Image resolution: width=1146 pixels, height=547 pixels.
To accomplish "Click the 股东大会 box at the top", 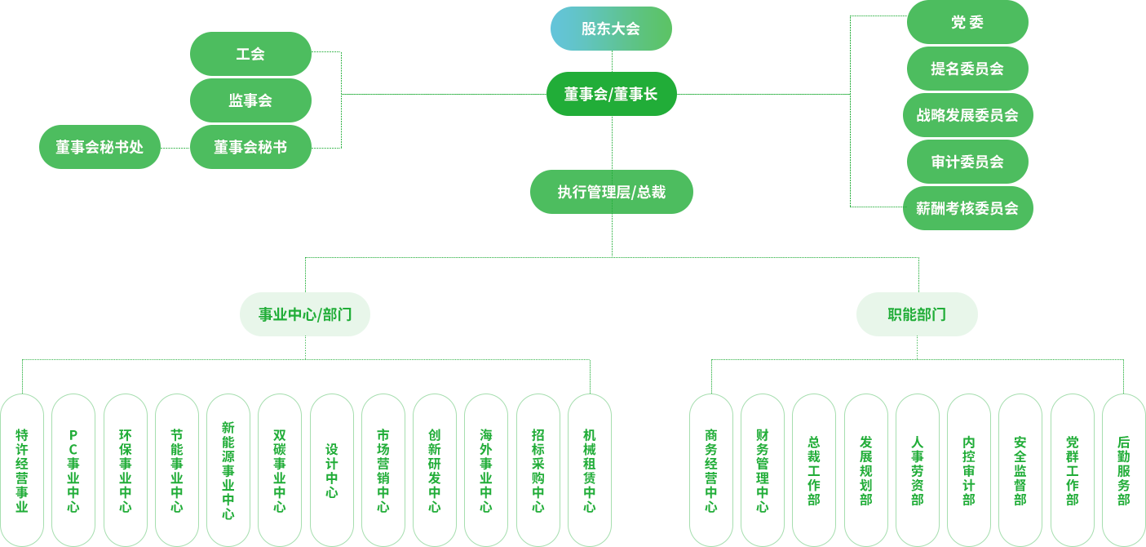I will (611, 29).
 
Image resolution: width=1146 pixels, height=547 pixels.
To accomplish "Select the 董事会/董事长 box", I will (611, 94).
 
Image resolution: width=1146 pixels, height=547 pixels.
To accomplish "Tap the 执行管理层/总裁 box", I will (611, 192).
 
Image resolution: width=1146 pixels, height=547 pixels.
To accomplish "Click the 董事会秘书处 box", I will (100, 147).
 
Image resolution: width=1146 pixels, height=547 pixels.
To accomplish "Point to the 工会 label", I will (250, 54).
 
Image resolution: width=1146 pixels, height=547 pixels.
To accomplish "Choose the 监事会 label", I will (250, 100).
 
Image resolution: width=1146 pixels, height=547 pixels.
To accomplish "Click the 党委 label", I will (967, 23).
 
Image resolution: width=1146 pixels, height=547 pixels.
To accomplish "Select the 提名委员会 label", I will (967, 69).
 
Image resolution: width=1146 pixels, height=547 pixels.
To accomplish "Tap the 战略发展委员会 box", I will (967, 115).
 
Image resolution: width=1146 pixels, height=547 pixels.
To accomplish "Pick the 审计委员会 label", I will (967, 162).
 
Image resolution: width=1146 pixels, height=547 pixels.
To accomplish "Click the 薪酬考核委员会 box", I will (967, 208).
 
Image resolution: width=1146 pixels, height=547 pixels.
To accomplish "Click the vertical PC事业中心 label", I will (73, 470).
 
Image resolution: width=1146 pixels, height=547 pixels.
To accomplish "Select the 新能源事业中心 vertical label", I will (228, 470).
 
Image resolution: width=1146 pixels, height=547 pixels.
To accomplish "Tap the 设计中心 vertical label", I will (331, 470).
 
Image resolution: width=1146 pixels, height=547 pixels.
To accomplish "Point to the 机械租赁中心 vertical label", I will (589, 470).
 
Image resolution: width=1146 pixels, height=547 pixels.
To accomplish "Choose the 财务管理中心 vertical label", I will (762, 470).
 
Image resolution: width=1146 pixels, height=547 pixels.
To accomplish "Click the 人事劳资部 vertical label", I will (917, 470).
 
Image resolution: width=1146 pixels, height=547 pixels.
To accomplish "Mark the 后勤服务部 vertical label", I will (1123, 470).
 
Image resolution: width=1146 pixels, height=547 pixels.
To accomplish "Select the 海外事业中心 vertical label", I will (486, 470).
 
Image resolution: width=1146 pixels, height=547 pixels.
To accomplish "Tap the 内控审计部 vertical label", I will (968, 470).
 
